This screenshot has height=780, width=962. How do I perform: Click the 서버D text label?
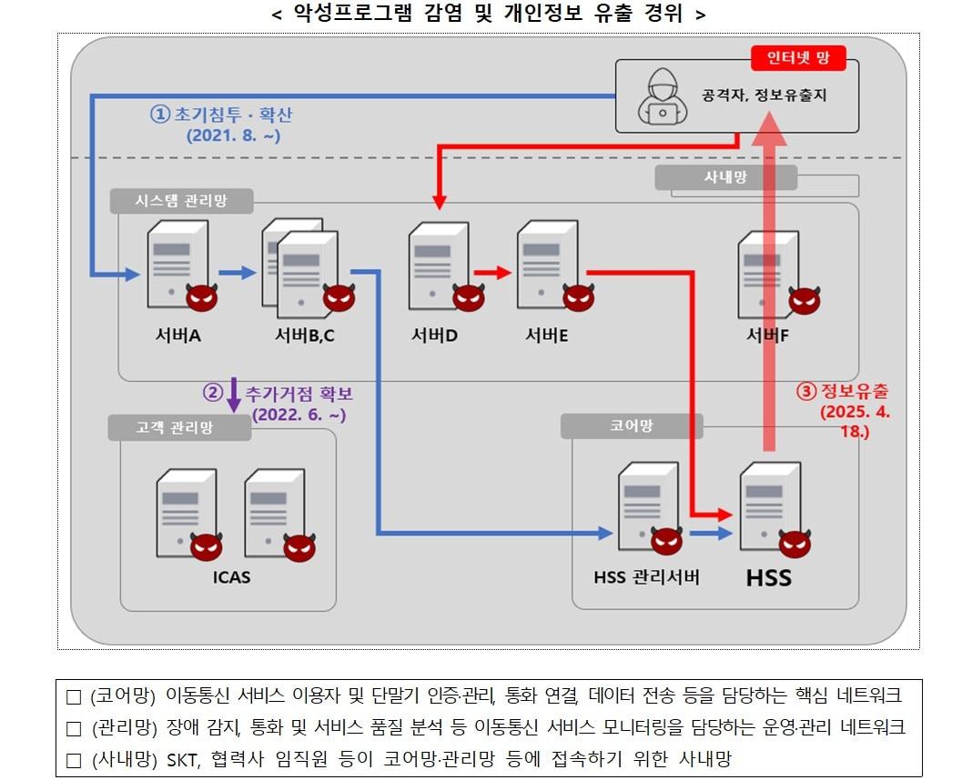433,335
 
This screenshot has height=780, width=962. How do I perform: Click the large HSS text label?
769,577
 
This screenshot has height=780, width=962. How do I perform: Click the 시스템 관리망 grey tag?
181,201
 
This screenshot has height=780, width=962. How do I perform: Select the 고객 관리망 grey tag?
179,427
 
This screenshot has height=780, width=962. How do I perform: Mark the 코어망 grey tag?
632,425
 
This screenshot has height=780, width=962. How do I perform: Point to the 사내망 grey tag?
725,178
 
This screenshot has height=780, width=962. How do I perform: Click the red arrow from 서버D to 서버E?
492,272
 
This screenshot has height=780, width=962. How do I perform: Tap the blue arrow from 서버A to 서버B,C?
238,272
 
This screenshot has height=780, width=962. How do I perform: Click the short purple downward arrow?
234,395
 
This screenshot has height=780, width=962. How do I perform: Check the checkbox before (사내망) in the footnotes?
75,759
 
